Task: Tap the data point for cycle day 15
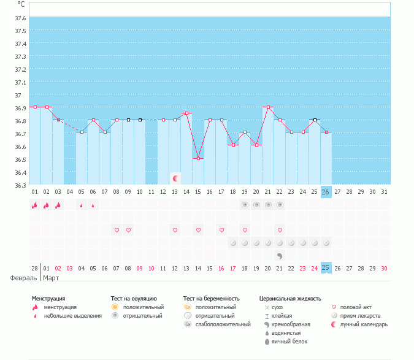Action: pos(198,159)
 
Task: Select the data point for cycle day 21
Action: pos(268,107)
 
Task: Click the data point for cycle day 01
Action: pos(35,107)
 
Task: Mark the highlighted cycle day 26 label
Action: pos(326,192)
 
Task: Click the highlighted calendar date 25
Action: pos(326,268)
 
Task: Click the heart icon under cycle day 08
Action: pos(117,231)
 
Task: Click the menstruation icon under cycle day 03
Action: pos(58,205)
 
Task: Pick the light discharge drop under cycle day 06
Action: pos(93,206)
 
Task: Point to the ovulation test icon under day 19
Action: pos(245,205)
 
